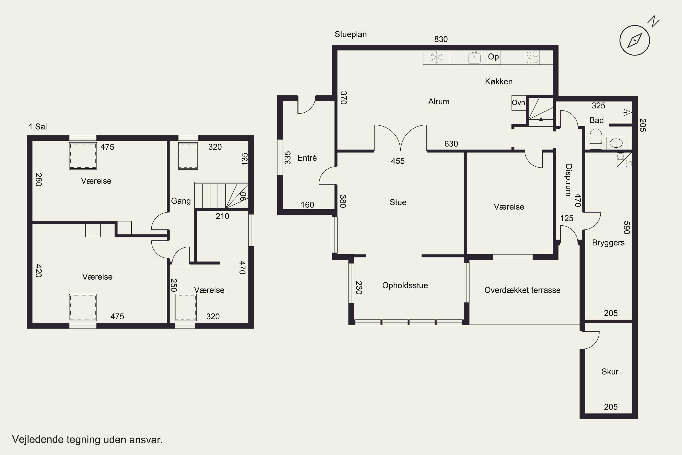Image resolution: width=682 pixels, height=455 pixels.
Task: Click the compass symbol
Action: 635,40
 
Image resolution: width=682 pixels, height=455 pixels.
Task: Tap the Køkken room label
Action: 499,81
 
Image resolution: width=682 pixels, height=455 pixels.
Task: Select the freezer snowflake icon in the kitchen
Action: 436,57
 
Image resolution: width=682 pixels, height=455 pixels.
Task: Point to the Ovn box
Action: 519,103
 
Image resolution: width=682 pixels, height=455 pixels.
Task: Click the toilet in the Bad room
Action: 596,140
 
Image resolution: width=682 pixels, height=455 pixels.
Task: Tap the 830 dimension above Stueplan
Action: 441,39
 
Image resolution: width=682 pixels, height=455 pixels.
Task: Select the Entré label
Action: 307,158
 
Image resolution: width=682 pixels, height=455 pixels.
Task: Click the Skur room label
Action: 610,372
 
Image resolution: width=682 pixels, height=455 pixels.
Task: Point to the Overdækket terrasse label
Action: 522,290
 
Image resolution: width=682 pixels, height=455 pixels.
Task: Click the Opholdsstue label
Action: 405,286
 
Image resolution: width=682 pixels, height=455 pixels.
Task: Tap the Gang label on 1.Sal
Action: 181,201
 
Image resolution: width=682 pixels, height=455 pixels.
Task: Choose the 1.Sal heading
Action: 38,126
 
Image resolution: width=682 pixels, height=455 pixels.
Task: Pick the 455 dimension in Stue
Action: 398,161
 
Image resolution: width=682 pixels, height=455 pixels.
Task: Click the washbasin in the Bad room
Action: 616,143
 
